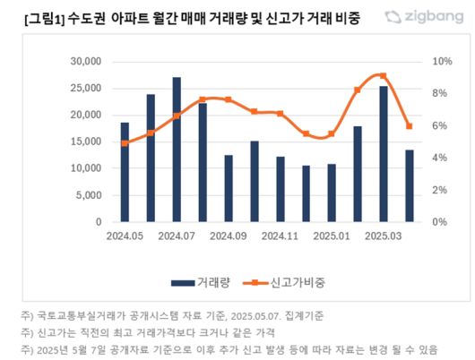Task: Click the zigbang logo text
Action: point(427,17)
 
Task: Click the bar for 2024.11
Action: point(281,189)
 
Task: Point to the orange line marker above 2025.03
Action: point(384,76)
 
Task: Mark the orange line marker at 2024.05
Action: point(125,143)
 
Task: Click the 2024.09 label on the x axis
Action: point(229,236)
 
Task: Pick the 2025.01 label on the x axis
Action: point(332,236)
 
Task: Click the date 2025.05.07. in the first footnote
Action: point(268,315)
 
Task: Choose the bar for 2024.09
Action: point(229,188)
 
